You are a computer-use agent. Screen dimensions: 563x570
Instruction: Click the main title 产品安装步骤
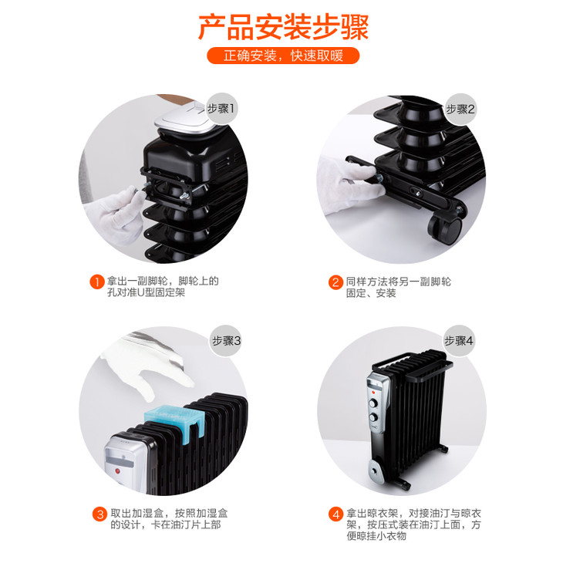coord(283,26)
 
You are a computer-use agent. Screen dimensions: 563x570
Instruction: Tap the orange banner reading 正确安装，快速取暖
coord(283,56)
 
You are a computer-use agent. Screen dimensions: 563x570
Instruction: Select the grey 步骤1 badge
coord(221,108)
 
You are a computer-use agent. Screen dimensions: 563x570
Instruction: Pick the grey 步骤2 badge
coord(460,109)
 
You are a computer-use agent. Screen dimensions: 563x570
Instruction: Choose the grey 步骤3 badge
coord(226,341)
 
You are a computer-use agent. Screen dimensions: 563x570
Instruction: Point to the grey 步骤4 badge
coord(459,341)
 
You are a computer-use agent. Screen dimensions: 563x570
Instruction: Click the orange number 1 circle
coord(97,282)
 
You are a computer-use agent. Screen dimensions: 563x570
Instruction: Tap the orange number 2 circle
coord(335,282)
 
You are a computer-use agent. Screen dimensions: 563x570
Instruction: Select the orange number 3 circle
coord(99,514)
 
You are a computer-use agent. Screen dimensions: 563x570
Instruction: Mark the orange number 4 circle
coord(335,514)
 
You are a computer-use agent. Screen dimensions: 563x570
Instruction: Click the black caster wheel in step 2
coord(446,229)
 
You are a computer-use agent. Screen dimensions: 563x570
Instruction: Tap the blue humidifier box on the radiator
coord(175,423)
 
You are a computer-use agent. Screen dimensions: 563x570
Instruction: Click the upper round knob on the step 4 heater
coord(373,403)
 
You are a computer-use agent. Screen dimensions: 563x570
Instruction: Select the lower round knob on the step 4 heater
coord(373,417)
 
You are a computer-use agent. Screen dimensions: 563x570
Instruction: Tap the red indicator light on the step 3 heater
coord(117,471)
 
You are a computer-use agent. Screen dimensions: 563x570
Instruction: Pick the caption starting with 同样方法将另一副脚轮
coord(399,287)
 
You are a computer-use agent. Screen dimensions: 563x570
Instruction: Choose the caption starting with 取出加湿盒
coord(169,519)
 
